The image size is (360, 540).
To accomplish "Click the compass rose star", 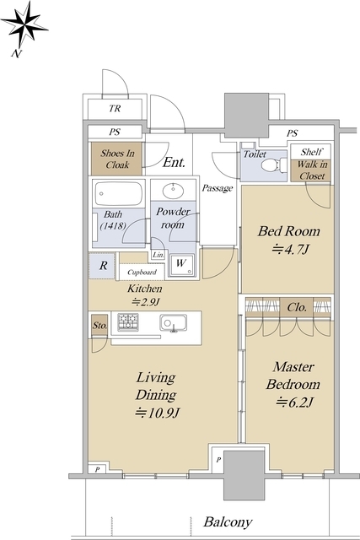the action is pyautogui.click(x=24, y=25).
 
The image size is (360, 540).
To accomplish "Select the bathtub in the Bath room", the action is pyautogui.click(x=118, y=193).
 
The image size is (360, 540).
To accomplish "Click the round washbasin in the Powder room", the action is pyautogui.click(x=173, y=192).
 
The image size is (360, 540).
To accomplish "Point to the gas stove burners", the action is pyautogui.click(x=128, y=322).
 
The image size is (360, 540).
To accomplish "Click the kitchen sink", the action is pyautogui.click(x=174, y=323).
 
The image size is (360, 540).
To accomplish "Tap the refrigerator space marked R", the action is pyautogui.click(x=102, y=266).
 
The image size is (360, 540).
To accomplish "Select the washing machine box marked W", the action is pyautogui.click(x=181, y=265).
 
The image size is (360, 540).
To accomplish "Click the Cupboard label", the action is pyautogui.click(x=142, y=273).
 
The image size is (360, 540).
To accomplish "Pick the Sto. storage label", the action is pyautogui.click(x=99, y=326).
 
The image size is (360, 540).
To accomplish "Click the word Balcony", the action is pyautogui.click(x=228, y=522).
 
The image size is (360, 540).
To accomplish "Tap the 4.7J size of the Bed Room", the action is pyautogui.click(x=291, y=249).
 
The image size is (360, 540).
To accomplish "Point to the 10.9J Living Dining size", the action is pyautogui.click(x=158, y=413).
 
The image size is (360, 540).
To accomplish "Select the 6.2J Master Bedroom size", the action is pyautogui.click(x=294, y=402).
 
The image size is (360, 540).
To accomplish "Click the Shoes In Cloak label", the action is pyautogui.click(x=117, y=159).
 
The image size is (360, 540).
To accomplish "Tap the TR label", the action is pyautogui.click(x=115, y=109).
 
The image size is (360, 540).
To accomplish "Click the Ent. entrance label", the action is pyautogui.click(x=174, y=162).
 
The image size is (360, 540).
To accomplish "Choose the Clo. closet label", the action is pyautogui.click(x=297, y=307).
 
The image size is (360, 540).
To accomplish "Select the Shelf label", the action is pyautogui.click(x=312, y=152).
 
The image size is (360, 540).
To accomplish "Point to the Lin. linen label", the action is pyautogui.click(x=159, y=255).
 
